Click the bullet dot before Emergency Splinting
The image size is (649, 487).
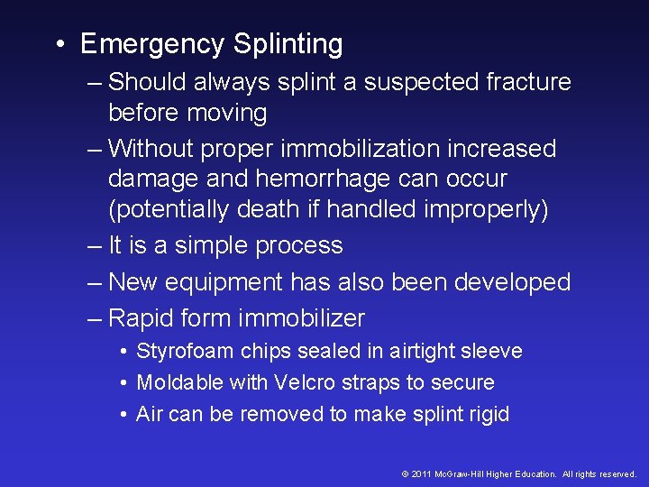pyautogui.click(x=59, y=45)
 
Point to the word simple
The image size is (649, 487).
pyautogui.click(x=206, y=245)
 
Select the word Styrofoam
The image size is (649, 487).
pyautogui.click(x=182, y=352)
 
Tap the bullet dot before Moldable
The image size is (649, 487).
pyautogui.click(x=123, y=383)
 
